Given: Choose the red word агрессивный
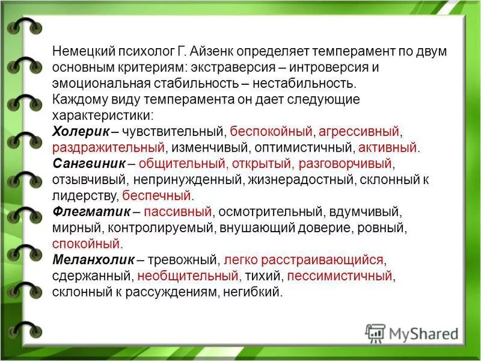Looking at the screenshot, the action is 360,131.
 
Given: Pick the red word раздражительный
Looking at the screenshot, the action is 109,147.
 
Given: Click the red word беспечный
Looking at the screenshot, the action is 156,196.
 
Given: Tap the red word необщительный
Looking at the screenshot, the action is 189,277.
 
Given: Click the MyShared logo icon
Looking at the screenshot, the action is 375,333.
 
